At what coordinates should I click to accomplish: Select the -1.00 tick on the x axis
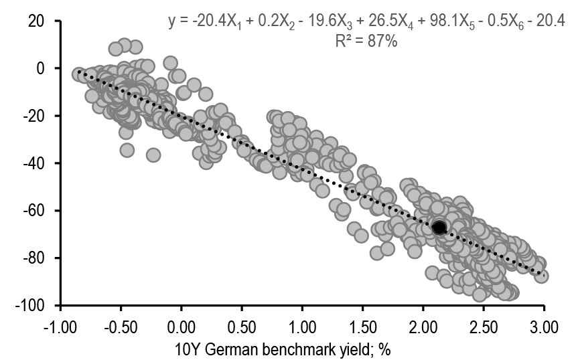click(60, 328)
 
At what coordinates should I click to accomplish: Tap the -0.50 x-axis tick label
click(121, 328)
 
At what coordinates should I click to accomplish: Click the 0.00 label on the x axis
click(181, 328)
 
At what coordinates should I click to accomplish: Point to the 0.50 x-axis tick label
click(242, 328)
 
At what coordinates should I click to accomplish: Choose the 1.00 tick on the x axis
click(302, 328)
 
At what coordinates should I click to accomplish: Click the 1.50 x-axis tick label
click(362, 328)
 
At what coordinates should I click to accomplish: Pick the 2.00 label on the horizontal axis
click(423, 328)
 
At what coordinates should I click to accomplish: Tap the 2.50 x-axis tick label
click(484, 328)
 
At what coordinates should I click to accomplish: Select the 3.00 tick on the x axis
click(544, 328)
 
